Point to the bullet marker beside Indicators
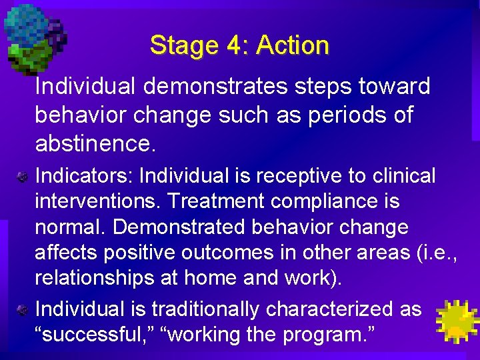coord(22,177)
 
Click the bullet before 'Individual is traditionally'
coord(22,310)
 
